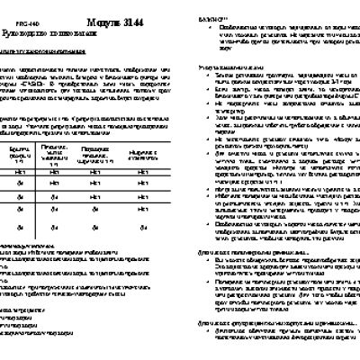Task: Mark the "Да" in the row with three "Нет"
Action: pos(18,184)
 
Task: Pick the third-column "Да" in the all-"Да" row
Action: pos(94,227)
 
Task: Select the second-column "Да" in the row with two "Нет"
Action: pos(53,194)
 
